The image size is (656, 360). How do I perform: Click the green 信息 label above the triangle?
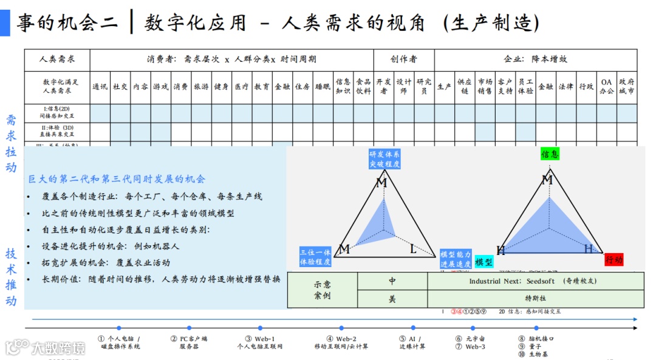(x=550, y=154)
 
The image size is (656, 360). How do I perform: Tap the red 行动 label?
(x=614, y=260)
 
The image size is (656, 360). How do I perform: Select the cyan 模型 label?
(x=484, y=262)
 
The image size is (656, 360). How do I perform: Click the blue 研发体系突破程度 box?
(x=384, y=159)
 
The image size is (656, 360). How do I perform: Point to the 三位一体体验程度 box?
(x=315, y=257)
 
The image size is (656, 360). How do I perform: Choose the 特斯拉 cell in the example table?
(x=535, y=299)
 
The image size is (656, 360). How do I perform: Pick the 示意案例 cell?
(x=323, y=290)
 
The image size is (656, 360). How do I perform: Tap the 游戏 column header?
(x=160, y=87)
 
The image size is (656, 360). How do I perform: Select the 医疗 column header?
(x=241, y=87)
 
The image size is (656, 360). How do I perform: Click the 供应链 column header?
(x=465, y=87)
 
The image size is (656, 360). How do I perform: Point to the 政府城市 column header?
(x=627, y=87)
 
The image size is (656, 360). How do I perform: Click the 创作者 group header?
(x=403, y=59)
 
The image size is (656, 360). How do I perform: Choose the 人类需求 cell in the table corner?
(x=57, y=59)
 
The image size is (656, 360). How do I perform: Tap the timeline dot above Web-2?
(x=341, y=328)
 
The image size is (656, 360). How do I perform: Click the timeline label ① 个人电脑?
(x=119, y=339)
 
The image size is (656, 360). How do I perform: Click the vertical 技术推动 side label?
(x=12, y=277)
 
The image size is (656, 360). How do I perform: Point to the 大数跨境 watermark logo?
(x=46, y=347)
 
